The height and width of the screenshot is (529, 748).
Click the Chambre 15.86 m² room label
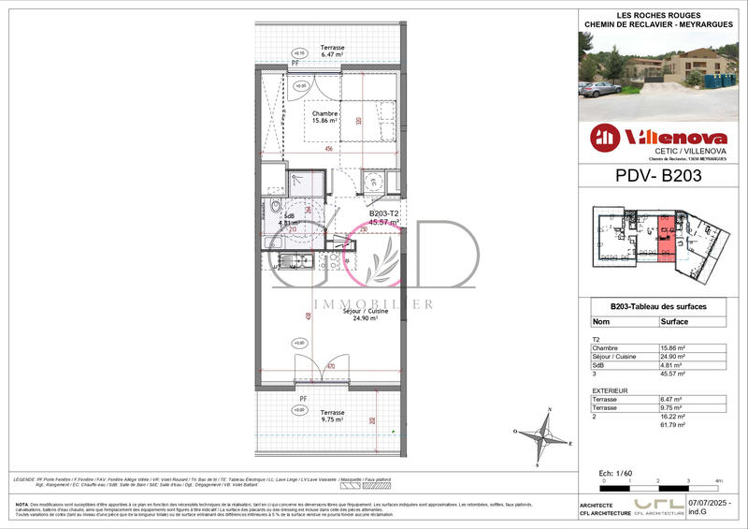pyautogui.click(x=325, y=117)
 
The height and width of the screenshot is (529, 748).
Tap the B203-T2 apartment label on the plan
pyautogui.click(x=383, y=214)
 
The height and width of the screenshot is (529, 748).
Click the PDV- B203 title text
pyautogui.click(x=658, y=175)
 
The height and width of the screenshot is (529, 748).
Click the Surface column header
pyautogui.click(x=675, y=320)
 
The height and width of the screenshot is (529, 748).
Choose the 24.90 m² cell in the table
pyautogui.click(x=673, y=357)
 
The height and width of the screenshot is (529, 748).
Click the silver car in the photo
pyautogui.click(x=599, y=89)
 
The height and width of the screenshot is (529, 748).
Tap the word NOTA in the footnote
pyautogui.click(x=22, y=505)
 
